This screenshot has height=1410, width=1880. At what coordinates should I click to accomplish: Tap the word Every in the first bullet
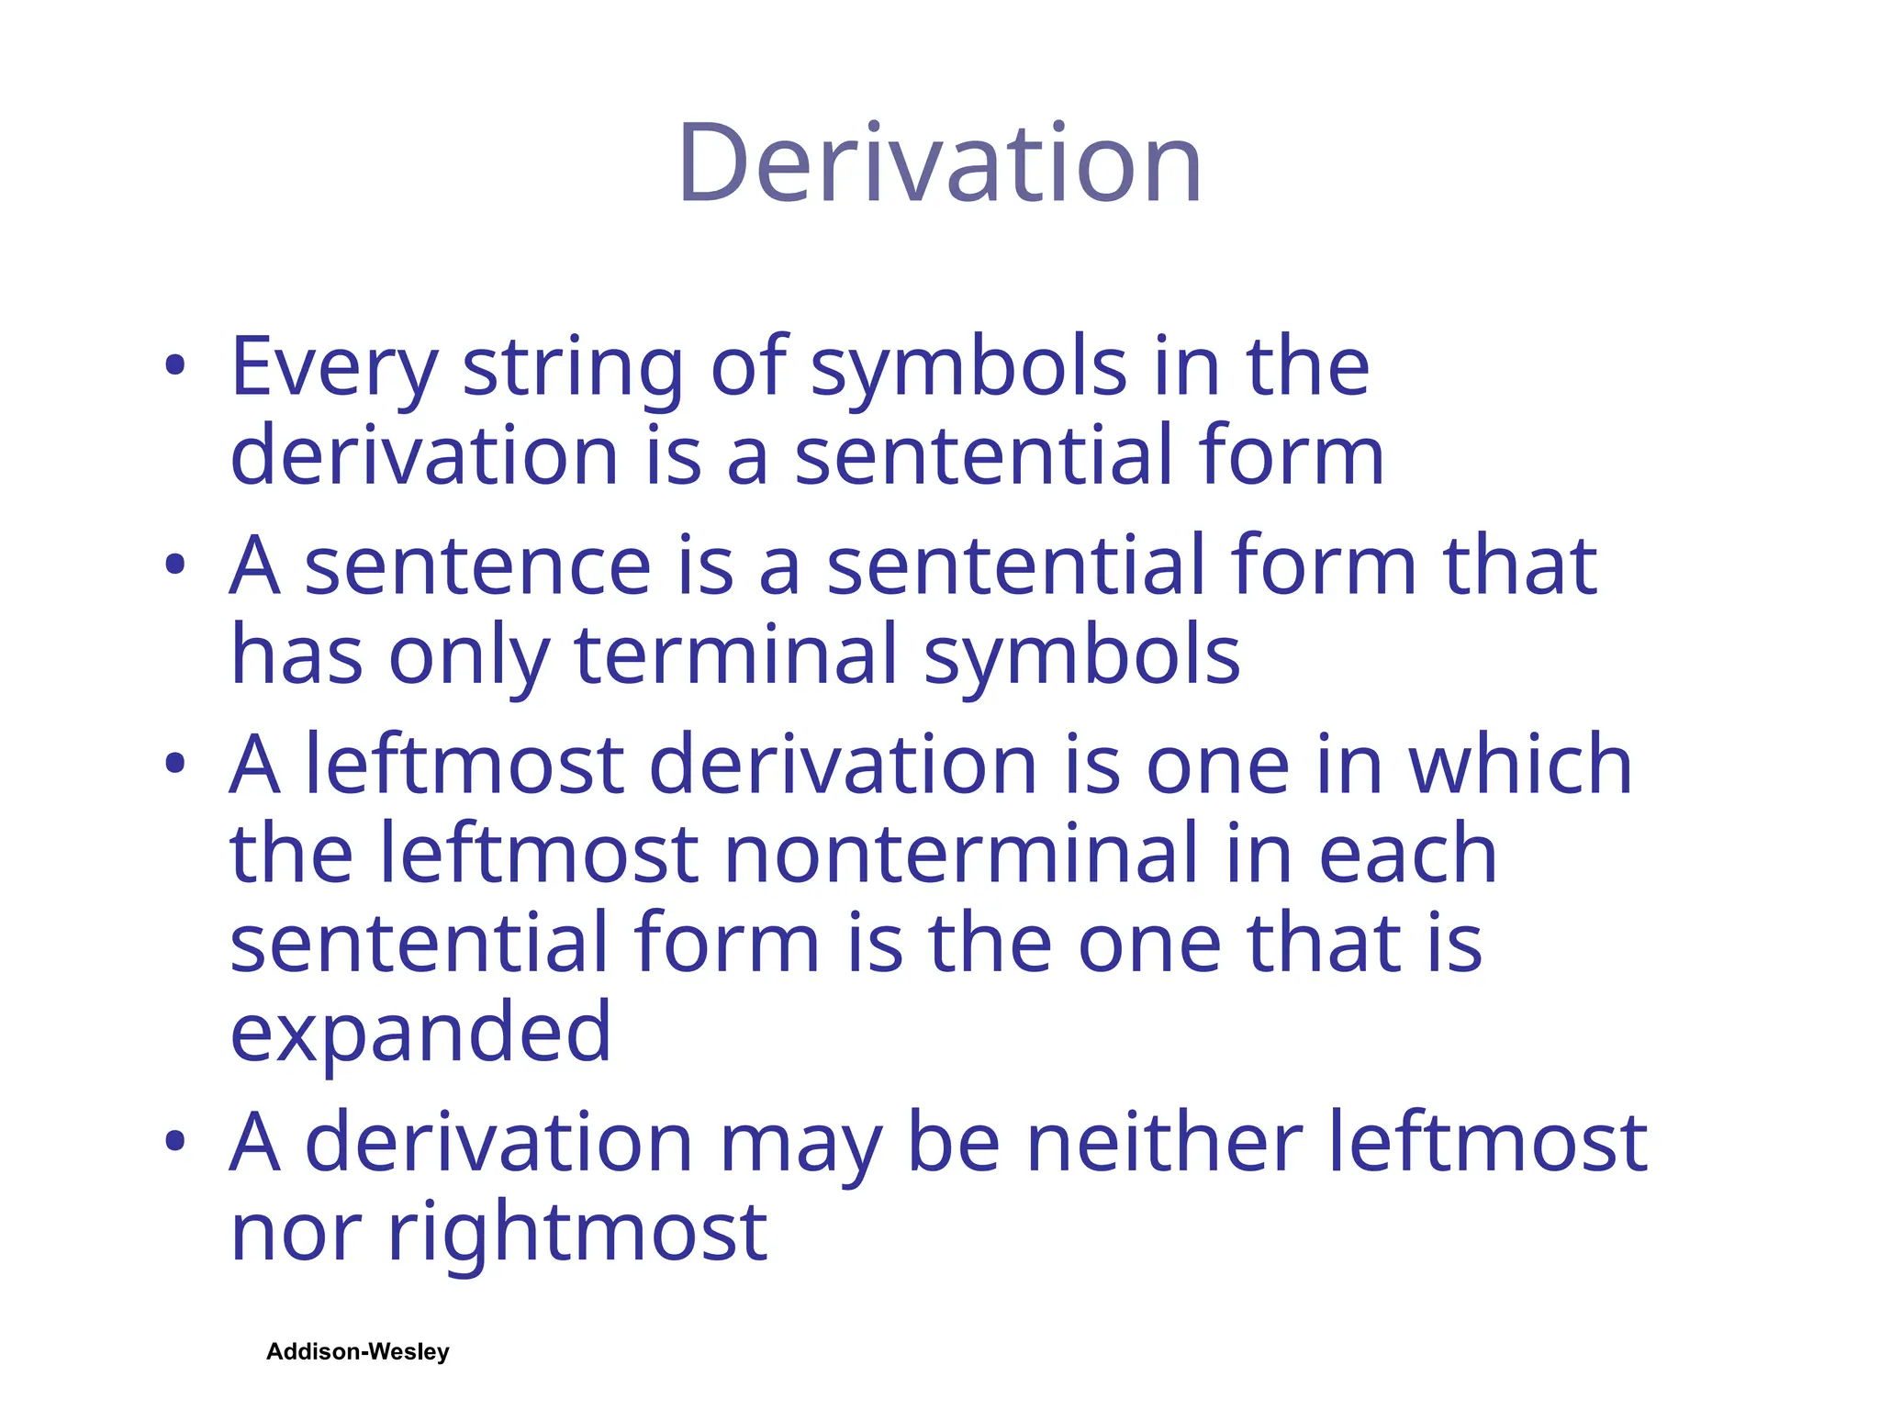[x=333, y=367]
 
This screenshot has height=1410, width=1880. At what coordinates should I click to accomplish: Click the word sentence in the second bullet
[x=477, y=565]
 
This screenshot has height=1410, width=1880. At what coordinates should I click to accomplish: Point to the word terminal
[x=735, y=655]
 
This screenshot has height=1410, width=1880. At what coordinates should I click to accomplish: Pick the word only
[x=468, y=655]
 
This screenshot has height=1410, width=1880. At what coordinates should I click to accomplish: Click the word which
[x=1520, y=764]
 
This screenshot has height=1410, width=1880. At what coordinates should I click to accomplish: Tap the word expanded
[x=420, y=1032]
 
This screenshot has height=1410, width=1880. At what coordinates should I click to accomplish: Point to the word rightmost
[x=577, y=1232]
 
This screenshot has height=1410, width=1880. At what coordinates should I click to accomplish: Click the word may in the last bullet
[x=800, y=1143]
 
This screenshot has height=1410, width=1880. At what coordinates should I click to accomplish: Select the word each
[x=1408, y=854]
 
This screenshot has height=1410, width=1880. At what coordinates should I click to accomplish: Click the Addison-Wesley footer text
[x=358, y=1351]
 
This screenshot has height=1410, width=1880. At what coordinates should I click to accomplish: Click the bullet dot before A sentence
[x=175, y=565]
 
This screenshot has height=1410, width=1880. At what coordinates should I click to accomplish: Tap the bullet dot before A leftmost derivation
[x=175, y=764]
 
